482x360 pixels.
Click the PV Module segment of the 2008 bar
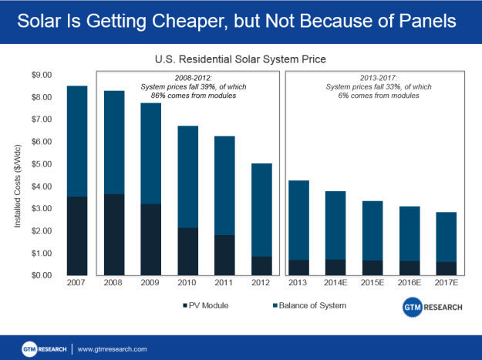click(113, 234)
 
